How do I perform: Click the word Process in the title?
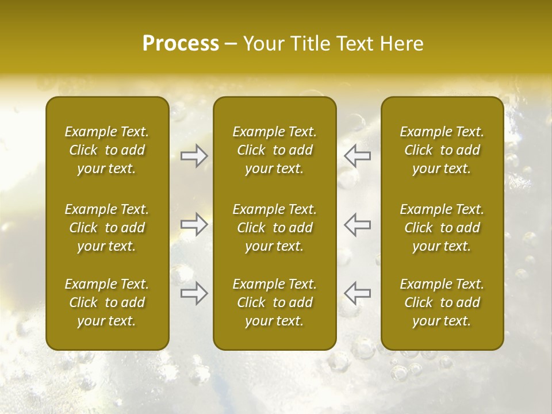(x=181, y=44)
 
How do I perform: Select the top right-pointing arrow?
(x=194, y=156)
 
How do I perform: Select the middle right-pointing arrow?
(x=194, y=224)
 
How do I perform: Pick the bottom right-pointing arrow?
(x=194, y=293)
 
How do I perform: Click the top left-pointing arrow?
(x=357, y=156)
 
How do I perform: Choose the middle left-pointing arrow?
(x=357, y=224)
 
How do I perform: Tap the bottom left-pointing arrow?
(x=357, y=293)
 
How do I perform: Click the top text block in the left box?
(x=107, y=150)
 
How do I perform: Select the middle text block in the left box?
(x=107, y=228)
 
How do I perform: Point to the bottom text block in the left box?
(x=107, y=302)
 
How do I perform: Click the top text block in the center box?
(x=274, y=150)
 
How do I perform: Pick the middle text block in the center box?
(x=274, y=228)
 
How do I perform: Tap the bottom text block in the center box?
(x=274, y=302)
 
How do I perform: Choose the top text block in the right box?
(x=442, y=150)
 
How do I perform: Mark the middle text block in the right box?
(x=442, y=228)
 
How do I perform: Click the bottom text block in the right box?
(x=442, y=302)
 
